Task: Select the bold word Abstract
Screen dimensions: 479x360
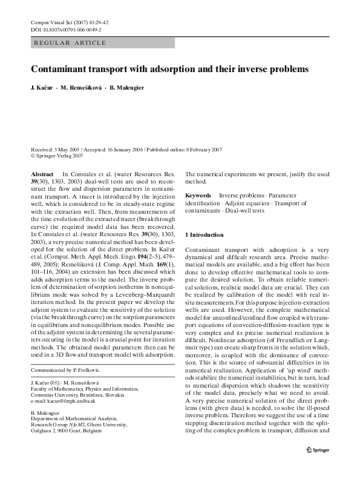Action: [x=42, y=174]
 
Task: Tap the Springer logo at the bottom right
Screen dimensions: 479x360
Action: [x=317, y=466]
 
